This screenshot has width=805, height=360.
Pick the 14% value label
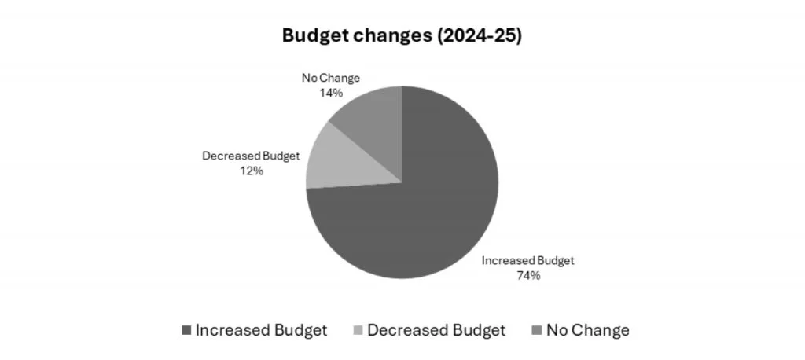click(x=331, y=93)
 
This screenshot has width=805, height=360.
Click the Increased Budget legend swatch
click(x=186, y=331)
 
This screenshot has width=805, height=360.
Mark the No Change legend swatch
click(x=538, y=331)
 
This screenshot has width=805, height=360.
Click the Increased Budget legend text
click(x=261, y=330)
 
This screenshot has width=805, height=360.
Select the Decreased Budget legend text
click(x=436, y=330)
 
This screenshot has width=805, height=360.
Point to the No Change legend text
click(x=588, y=330)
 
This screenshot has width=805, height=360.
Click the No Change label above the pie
click(x=331, y=79)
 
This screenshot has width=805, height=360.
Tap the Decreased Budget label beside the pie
click(x=251, y=156)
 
